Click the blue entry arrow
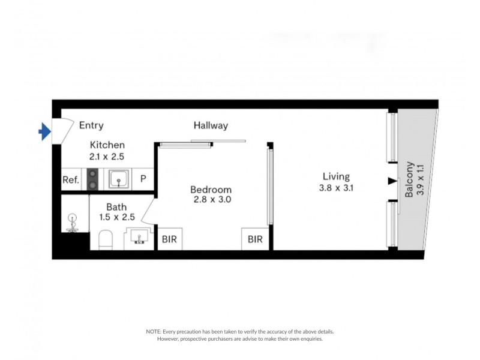(x=44, y=131)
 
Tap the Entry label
(x=91, y=125)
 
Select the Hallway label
(x=211, y=125)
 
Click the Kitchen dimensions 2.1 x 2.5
(x=107, y=157)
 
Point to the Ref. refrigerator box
(x=71, y=179)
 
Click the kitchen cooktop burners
(x=93, y=179)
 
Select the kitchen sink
(x=119, y=178)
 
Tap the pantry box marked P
(x=143, y=179)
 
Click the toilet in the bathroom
(x=106, y=239)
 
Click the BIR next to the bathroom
(x=169, y=239)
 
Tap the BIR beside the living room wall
(x=255, y=239)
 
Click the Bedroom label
(x=212, y=188)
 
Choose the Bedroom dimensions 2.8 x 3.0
(x=212, y=199)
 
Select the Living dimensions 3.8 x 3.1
(x=336, y=187)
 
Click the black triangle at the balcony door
(x=392, y=181)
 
